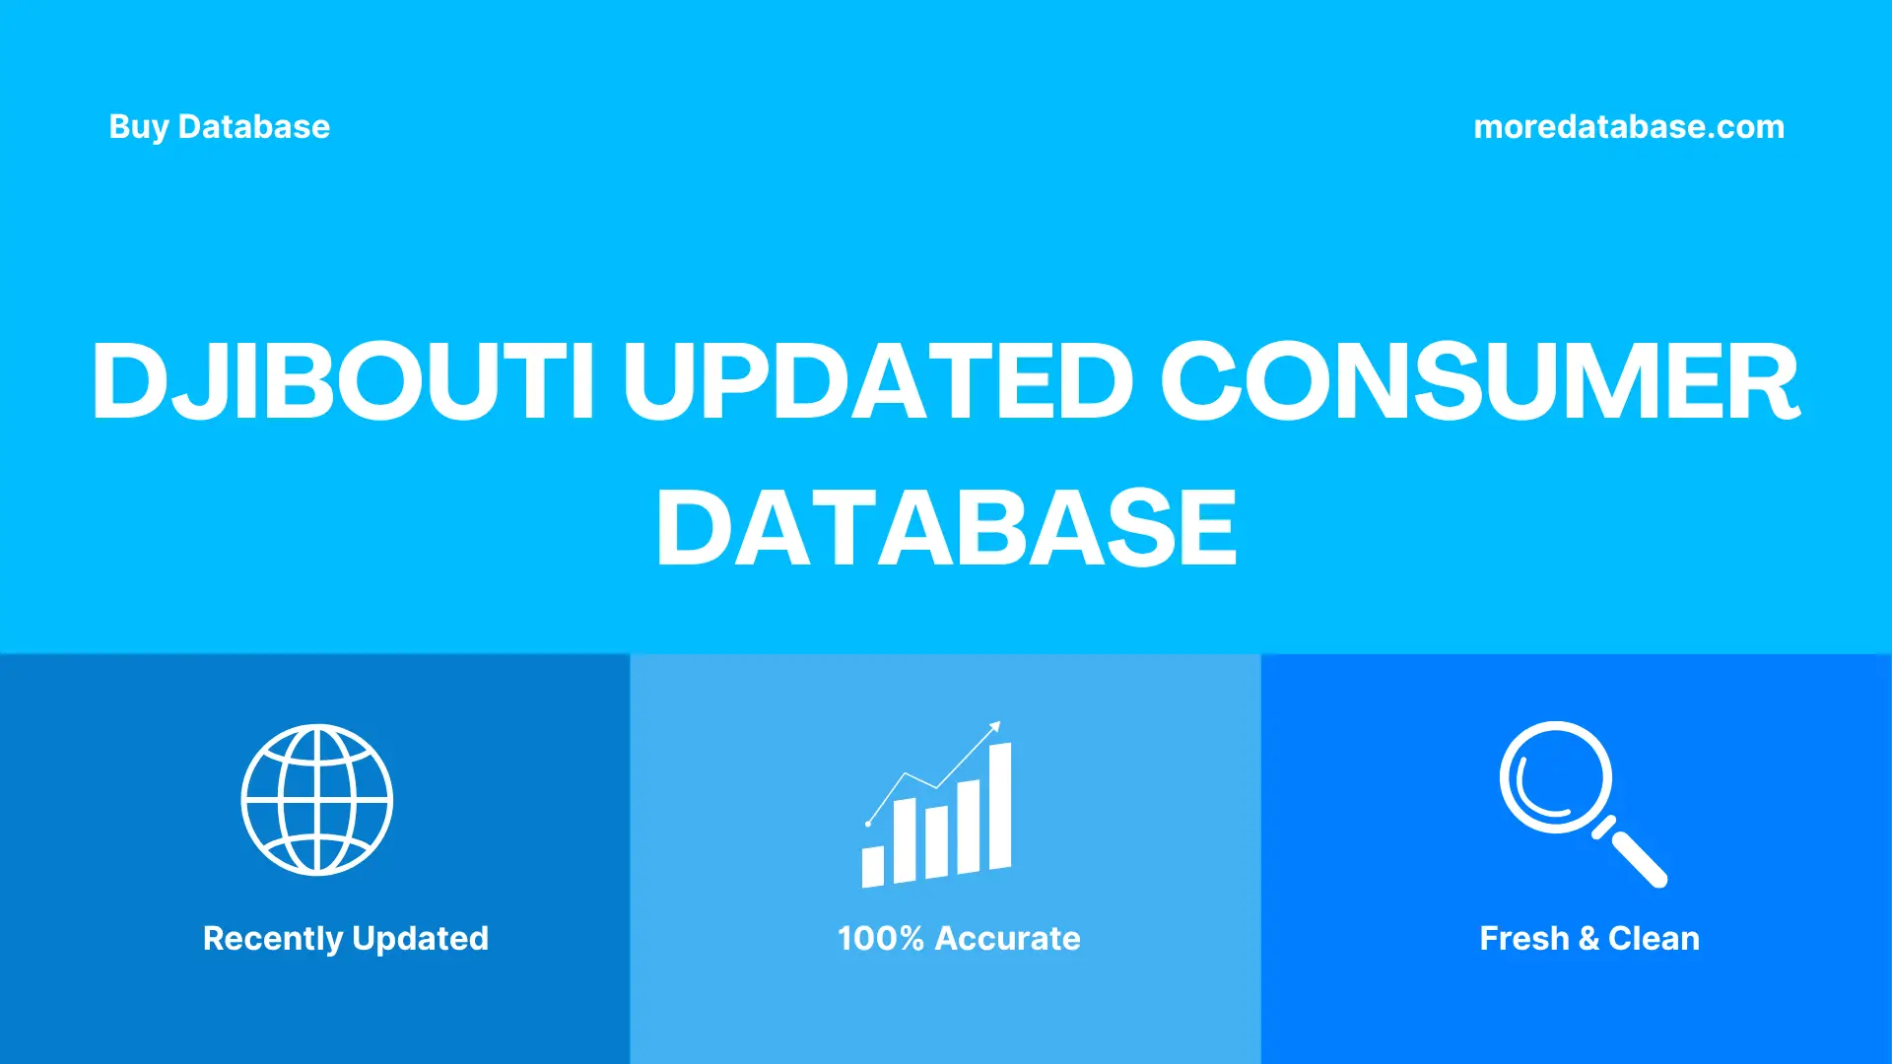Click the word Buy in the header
click(138, 127)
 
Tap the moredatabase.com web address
click(1628, 127)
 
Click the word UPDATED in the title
click(878, 381)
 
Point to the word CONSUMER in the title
click(1479, 381)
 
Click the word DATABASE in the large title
click(946, 528)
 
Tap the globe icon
click(317, 800)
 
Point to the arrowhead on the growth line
click(995, 727)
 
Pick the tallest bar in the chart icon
click(1000, 806)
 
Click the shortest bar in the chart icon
click(873, 866)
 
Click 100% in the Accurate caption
click(880, 939)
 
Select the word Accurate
click(1007, 939)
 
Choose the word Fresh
click(1523, 939)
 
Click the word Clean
click(1654, 939)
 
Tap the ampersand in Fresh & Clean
click(1588, 939)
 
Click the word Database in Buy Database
click(254, 127)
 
